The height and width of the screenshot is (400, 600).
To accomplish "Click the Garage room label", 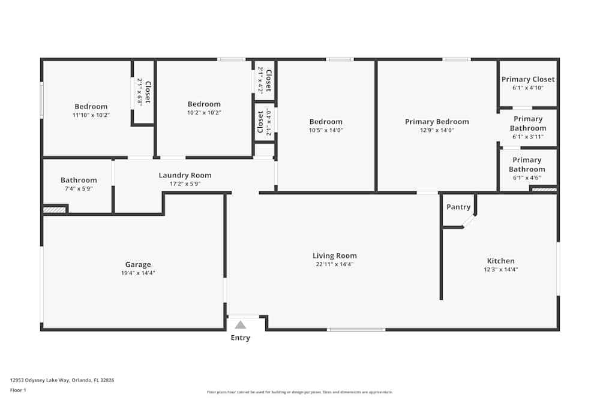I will [x=138, y=264].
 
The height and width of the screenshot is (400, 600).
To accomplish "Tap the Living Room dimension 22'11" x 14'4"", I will [x=334, y=264].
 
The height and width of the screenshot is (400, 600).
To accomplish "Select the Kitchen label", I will [x=500, y=261].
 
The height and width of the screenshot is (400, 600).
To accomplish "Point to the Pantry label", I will [x=458, y=207].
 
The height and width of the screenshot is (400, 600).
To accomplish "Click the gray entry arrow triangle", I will [x=240, y=325].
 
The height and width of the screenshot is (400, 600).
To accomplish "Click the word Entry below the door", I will [x=240, y=338].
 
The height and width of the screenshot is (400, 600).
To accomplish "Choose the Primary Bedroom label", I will [x=437, y=122].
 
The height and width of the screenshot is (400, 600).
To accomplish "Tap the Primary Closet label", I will [x=528, y=79].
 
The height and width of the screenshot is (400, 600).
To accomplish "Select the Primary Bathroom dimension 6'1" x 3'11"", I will [x=528, y=137].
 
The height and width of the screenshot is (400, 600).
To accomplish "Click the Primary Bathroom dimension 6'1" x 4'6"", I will [x=527, y=178].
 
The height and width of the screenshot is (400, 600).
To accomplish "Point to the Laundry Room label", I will [x=185, y=175].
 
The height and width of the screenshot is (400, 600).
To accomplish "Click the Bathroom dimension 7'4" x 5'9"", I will [x=79, y=189].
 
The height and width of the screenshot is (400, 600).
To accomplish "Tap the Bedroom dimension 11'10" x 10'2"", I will [x=91, y=115].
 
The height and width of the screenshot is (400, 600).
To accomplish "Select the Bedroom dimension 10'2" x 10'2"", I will [x=204, y=112].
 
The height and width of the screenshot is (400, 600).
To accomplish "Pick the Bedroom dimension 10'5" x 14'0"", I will [x=326, y=130].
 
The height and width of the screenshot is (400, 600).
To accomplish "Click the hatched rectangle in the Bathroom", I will [x=54, y=210].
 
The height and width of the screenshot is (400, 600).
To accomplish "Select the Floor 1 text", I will [x=18, y=390].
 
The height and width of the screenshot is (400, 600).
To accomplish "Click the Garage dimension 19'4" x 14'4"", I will [x=138, y=273].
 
